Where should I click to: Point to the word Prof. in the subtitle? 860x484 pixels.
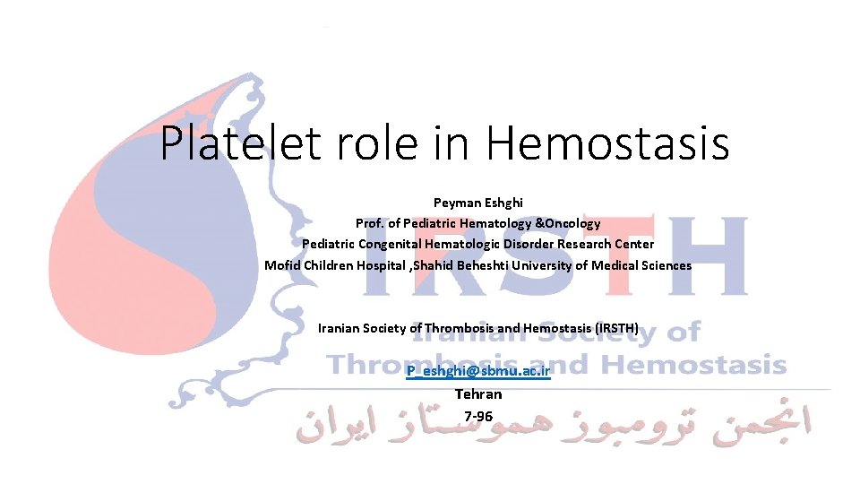(371, 223)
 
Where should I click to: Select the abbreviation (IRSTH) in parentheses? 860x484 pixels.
(611, 329)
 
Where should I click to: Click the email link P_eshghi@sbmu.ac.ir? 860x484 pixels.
(477, 370)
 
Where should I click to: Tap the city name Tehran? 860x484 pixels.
(478, 394)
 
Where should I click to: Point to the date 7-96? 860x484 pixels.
(478, 416)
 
